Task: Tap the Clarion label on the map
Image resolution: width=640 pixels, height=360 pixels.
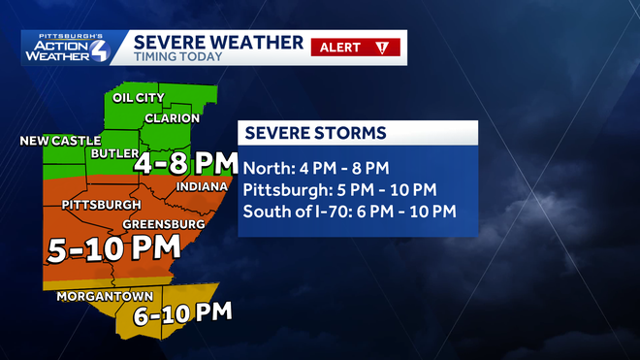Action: click(172, 118)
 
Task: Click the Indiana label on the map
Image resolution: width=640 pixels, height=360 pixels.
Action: click(202, 186)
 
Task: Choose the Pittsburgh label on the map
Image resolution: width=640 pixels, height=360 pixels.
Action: click(102, 206)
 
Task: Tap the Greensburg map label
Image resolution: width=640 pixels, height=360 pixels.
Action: click(163, 224)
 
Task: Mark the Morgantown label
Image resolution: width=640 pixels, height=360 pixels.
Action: click(95, 295)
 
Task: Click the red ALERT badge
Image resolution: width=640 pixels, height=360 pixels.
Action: click(340, 47)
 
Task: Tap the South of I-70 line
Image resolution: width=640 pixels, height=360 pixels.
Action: click(349, 212)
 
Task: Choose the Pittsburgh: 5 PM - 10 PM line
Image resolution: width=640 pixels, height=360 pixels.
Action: click(340, 188)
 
